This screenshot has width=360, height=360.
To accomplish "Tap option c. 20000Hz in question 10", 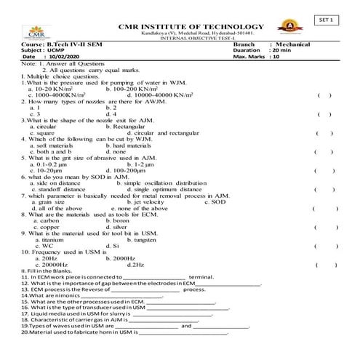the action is pyautogui.click(x=50, y=265).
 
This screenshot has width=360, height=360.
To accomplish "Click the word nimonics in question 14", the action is pyautogui.click(x=57, y=296).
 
